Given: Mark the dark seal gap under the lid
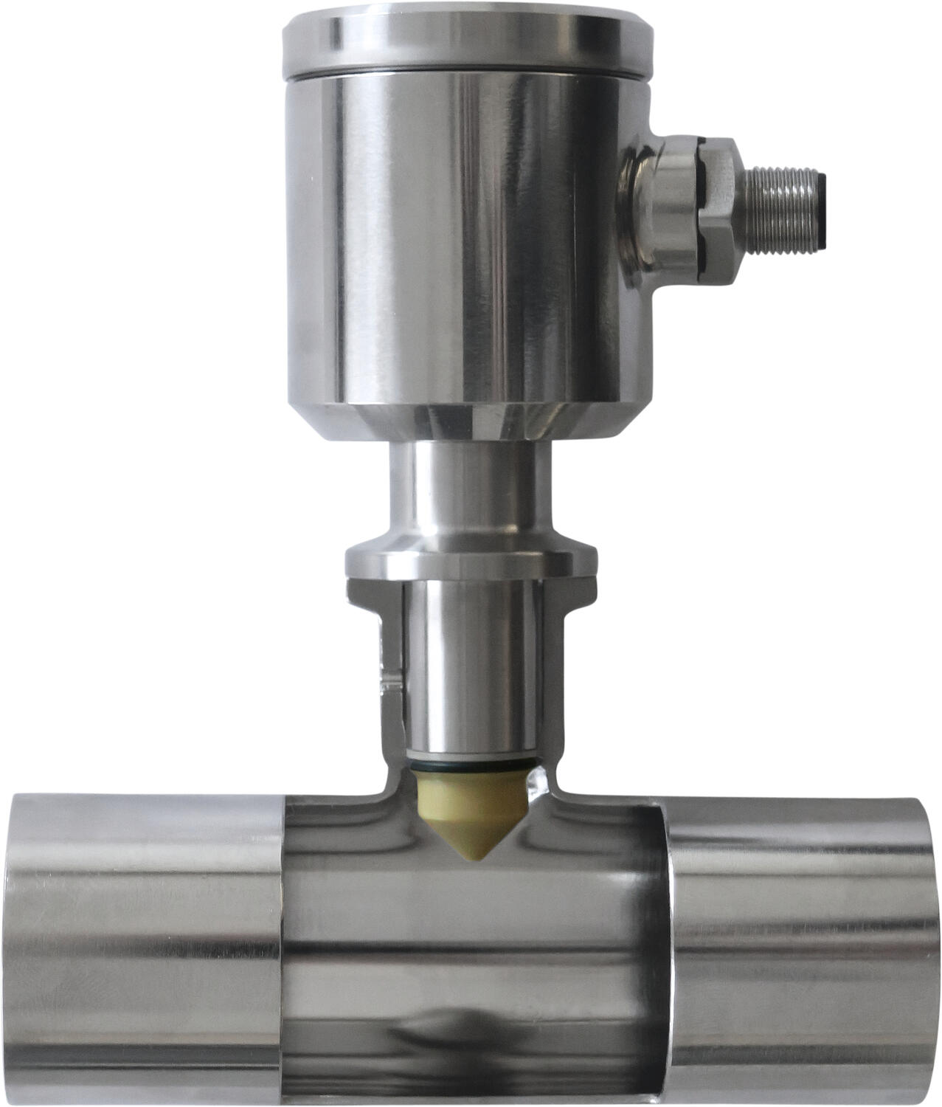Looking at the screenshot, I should [x=468, y=72].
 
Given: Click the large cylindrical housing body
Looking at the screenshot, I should [x=468, y=236].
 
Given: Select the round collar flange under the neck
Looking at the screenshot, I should [x=469, y=561].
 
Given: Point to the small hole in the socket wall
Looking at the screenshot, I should [x=389, y=679].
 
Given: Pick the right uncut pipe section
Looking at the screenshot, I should [x=804, y=945].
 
